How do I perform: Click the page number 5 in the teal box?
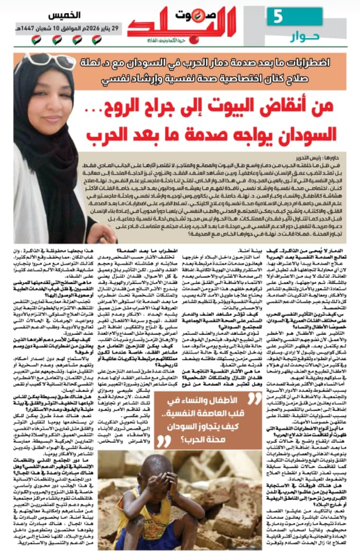click(x=278, y=17)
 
